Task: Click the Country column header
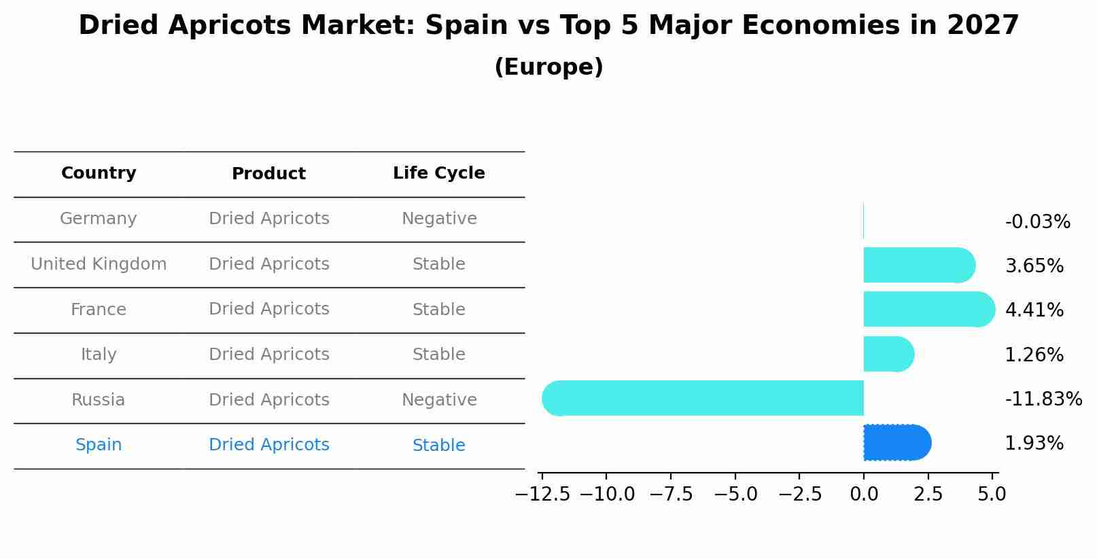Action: (99, 173)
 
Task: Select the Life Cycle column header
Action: (438, 173)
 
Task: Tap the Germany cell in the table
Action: (99, 219)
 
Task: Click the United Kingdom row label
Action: (99, 264)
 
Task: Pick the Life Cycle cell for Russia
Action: (438, 400)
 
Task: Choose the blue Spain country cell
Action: (99, 445)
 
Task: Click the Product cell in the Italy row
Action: (268, 355)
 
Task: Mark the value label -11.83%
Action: (1043, 399)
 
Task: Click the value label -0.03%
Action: (1037, 222)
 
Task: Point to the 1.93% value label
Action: (1034, 444)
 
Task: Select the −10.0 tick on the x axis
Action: (607, 494)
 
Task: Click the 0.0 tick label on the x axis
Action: (864, 494)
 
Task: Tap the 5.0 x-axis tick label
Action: (992, 494)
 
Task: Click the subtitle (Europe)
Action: (548, 67)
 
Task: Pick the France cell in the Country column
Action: (99, 310)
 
